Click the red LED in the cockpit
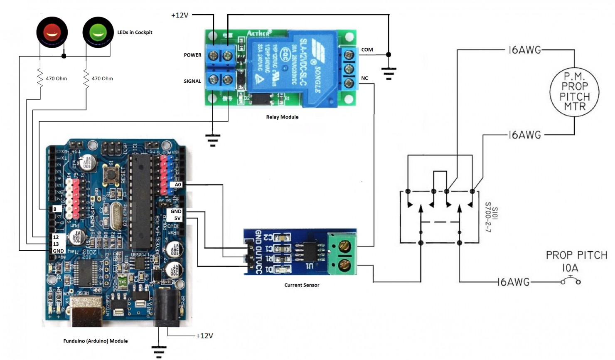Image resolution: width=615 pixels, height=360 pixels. pyautogui.click(x=52, y=32)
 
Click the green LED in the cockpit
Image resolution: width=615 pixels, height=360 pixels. pyautogui.click(x=98, y=32)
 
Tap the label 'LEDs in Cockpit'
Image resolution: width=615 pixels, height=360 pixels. pyautogui.click(x=135, y=32)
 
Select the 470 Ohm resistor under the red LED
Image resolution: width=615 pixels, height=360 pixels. pyautogui.click(x=40, y=78)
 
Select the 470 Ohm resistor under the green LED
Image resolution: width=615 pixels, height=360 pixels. pyautogui.click(x=86, y=78)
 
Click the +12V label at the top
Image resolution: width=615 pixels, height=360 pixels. pyautogui.click(x=180, y=15)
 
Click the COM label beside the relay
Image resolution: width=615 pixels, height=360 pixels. pyautogui.click(x=367, y=49)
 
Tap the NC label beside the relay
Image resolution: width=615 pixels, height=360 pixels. pyautogui.click(x=364, y=78)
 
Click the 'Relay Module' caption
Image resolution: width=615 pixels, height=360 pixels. pyautogui.click(x=282, y=117)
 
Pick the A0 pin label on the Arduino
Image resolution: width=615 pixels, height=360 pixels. pyautogui.click(x=177, y=185)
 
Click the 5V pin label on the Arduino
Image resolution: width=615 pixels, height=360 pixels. pyautogui.click(x=177, y=218)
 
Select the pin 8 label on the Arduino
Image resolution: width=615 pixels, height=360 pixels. pyautogui.click(x=55, y=209)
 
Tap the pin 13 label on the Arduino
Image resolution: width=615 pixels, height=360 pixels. pyautogui.click(x=56, y=244)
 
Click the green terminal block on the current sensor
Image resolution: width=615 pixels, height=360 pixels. pyautogui.click(x=342, y=254)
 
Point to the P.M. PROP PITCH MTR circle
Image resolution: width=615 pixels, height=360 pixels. pyautogui.click(x=574, y=91)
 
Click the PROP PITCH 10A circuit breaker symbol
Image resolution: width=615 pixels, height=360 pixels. pyautogui.click(x=571, y=281)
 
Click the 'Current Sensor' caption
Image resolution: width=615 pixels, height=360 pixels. pyautogui.click(x=302, y=285)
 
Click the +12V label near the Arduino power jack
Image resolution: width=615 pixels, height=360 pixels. pyautogui.click(x=204, y=336)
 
